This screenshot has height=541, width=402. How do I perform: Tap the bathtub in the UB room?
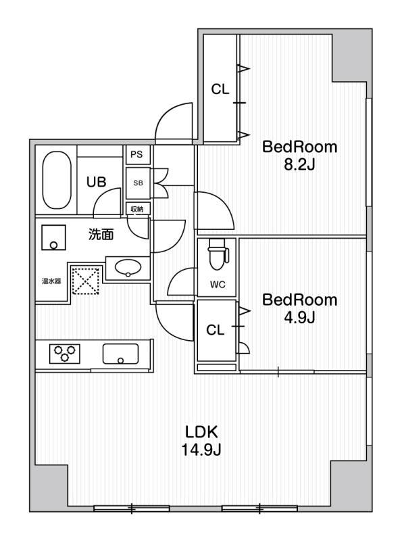coord(57,180)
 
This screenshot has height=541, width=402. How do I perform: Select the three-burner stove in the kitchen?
coord(65,353)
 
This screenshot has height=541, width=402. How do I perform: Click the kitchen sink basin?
coord(120,354)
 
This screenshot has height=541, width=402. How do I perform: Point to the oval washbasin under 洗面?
coord(128,267)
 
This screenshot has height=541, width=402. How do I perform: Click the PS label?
coord(136,154)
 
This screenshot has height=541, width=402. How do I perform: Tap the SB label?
coord(138,183)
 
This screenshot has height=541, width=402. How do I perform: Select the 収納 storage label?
coord(137,209)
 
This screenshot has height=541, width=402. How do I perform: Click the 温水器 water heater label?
coord(51,281)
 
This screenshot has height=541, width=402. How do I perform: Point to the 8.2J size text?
coord(299,165)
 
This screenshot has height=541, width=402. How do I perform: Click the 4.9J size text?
coord(299,317)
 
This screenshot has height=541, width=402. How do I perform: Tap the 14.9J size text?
coord(201,450)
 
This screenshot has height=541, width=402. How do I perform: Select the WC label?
coord(218,285)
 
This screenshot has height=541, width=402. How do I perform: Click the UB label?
coord(96,182)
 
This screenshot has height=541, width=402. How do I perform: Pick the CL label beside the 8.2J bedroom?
coord(220,89)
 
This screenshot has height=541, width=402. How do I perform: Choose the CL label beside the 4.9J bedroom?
coord(215,330)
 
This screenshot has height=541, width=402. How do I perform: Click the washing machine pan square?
coord(53,237)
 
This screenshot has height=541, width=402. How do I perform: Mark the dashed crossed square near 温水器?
coord(86,281)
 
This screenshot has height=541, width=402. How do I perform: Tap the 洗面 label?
coord(101,234)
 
